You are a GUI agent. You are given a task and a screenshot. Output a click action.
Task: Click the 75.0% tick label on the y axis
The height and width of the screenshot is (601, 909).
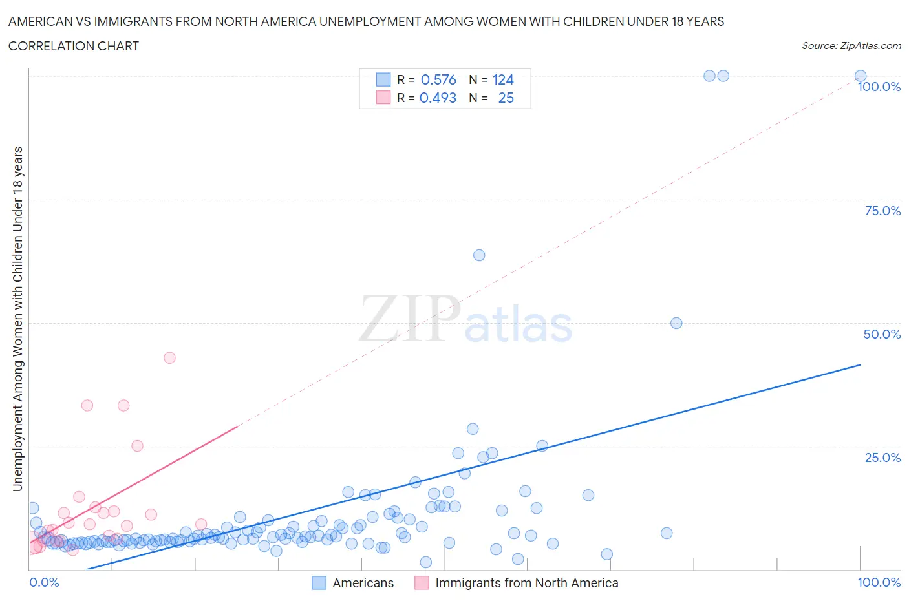pos(882,211)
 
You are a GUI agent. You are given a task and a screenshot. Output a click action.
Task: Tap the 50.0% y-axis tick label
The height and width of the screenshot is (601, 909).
pos(882,334)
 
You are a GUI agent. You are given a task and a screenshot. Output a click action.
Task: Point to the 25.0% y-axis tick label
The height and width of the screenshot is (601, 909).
pos(882,458)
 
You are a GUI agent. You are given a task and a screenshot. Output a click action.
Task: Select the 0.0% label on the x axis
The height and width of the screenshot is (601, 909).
pos(44,582)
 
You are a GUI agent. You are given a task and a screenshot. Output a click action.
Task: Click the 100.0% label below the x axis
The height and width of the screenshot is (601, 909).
pos(879,582)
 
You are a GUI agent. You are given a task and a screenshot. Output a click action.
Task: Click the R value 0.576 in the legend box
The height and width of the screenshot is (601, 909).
pos(438,79)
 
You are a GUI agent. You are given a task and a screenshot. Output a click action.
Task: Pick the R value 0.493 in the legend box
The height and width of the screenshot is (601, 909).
pos(438,98)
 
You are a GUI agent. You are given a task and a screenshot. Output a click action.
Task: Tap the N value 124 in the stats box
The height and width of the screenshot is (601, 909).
pos(503,79)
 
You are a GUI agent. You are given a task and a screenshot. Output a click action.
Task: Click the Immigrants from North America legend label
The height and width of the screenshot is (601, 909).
pos(526,583)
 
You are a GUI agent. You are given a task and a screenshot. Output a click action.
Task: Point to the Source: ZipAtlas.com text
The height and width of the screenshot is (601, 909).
pos(851,45)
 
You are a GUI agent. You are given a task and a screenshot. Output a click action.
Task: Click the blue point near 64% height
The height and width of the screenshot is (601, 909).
pos(479,255)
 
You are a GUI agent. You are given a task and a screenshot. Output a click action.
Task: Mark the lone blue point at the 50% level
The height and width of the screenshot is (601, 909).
pos(676,323)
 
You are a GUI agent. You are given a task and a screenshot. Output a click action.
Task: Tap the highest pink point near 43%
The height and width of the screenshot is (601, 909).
pos(169,357)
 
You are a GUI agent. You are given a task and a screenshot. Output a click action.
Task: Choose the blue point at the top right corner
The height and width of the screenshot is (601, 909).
pos(861,76)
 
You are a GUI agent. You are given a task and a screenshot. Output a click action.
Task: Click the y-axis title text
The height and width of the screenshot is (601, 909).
pos(17,318)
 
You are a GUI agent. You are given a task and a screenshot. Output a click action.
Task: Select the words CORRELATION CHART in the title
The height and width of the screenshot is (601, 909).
pos(74,46)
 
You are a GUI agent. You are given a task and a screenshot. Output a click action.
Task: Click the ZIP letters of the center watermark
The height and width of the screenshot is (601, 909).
pos(409,318)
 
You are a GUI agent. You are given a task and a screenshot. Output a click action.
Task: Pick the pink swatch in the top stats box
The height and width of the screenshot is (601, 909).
pos(383,98)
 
